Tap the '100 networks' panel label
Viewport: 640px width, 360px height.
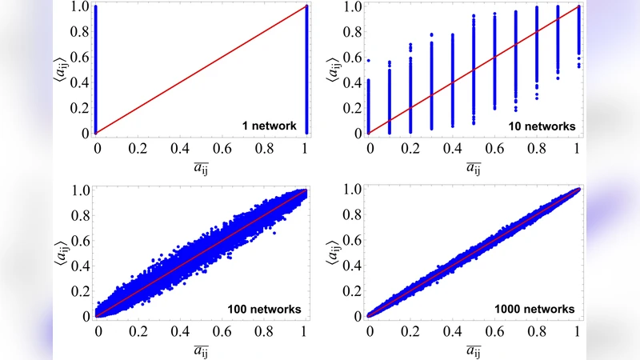pos(263,309)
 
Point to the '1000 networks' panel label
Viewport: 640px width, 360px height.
pos(534,309)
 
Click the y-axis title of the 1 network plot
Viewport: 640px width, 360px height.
pos(58,68)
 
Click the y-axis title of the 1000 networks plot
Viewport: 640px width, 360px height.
pos(332,252)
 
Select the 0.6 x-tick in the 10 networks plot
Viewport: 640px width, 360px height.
pos(495,148)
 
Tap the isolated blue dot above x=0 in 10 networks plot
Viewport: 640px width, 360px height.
pos(370,59)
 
